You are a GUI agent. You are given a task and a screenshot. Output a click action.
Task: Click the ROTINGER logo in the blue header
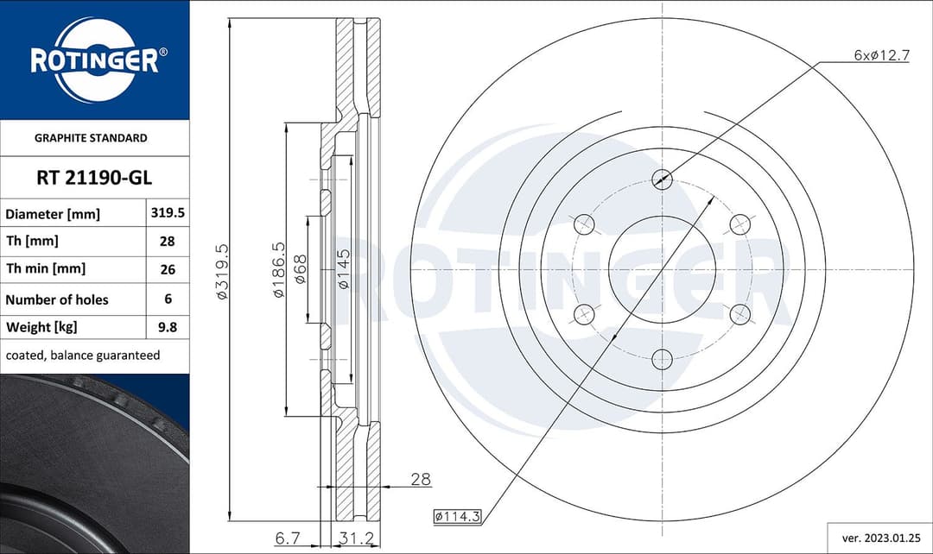[94, 60]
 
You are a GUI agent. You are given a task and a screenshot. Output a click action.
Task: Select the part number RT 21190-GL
[94, 178]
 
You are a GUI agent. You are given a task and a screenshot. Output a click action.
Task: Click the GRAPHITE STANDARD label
[91, 138]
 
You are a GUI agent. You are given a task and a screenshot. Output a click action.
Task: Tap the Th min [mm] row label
[45, 269]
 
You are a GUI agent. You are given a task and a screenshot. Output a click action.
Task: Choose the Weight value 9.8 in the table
[167, 328]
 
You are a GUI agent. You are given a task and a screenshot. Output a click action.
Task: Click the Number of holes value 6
[167, 299]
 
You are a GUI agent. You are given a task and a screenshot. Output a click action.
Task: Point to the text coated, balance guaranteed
[82, 356]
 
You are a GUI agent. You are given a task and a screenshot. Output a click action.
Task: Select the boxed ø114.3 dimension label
[456, 516]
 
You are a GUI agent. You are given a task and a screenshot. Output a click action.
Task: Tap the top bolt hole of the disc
[662, 179]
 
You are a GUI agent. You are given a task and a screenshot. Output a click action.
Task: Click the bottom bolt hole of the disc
[662, 358]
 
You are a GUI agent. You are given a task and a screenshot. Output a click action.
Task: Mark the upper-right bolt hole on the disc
[739, 224]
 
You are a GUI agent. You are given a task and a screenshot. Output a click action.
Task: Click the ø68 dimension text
[300, 271]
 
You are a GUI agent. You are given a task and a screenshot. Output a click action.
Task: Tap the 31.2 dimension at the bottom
[357, 538]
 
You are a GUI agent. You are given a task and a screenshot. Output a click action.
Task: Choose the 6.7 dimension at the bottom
[288, 538]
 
